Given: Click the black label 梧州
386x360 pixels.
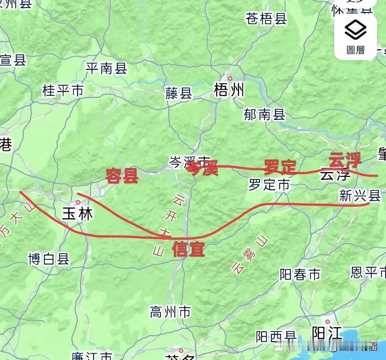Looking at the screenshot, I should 229,90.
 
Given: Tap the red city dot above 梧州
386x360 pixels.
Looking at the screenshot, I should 230,78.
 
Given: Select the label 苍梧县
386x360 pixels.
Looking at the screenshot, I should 266,19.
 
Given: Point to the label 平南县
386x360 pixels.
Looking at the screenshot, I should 107,68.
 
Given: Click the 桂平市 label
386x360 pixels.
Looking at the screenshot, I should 63,90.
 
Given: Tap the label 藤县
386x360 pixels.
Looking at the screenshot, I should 179,93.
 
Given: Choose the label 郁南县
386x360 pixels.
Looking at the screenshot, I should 264,115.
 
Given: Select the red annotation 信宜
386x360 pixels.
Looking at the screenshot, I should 188,249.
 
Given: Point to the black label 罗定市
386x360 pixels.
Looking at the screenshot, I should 269,185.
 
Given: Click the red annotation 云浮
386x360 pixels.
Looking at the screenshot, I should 345,160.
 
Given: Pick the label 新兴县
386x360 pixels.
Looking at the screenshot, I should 360,196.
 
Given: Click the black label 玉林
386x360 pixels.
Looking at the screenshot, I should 78,214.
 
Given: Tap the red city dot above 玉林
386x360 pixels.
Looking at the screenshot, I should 78,202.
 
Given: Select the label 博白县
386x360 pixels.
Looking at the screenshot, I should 49,259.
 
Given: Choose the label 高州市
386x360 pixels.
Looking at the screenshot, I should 170,312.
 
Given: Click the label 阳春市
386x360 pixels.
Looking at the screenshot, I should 300,274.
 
